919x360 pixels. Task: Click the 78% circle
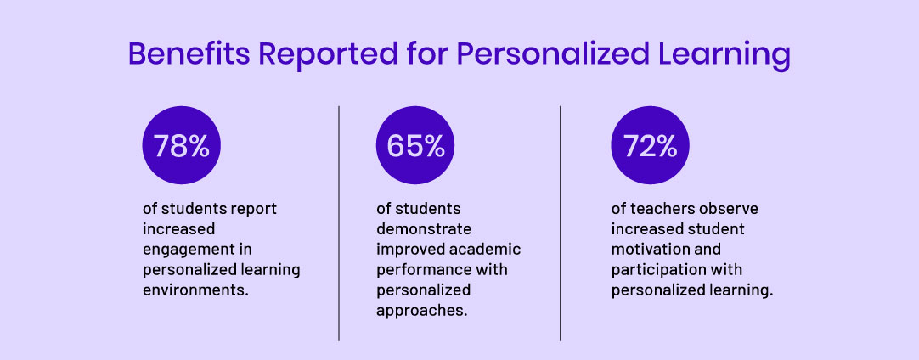(181, 146)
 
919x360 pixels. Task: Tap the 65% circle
(415, 146)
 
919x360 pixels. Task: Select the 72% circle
(650, 146)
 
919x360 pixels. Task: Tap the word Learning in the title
(719, 55)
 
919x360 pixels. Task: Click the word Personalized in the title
(552, 55)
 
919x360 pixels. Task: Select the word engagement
(185, 250)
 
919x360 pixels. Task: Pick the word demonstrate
(424, 229)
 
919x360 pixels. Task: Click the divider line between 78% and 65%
(339, 222)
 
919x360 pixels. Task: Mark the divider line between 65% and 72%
(561, 222)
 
